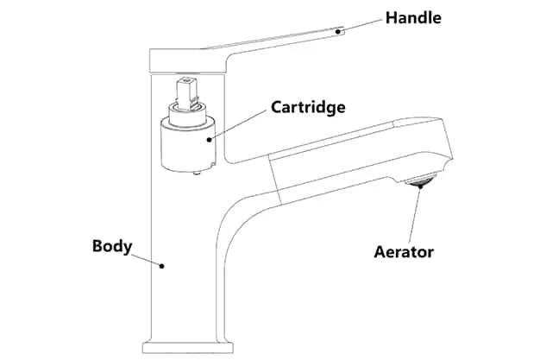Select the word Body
[111, 246]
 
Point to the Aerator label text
[404, 252]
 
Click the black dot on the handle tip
[341, 31]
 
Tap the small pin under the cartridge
[198, 174]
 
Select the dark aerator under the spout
[420, 181]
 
